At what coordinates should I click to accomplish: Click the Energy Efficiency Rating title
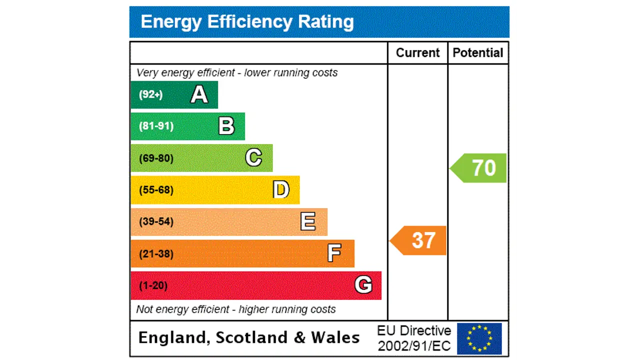tap(247, 22)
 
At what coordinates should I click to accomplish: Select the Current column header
tap(417, 53)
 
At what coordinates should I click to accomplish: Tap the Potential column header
tap(478, 53)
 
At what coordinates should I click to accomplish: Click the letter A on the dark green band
tap(199, 94)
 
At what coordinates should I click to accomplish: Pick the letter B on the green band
tap(226, 126)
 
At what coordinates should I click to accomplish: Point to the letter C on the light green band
tap(253, 158)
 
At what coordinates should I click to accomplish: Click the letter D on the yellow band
tap(281, 190)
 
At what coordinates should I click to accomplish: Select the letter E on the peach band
tap(308, 221)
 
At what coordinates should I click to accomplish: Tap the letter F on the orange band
tap(334, 253)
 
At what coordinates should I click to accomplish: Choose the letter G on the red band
tap(363, 285)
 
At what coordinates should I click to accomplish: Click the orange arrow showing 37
tap(418, 240)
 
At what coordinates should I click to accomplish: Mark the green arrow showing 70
tap(479, 168)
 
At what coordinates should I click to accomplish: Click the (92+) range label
tap(150, 94)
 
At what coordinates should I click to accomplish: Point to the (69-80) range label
tap(156, 158)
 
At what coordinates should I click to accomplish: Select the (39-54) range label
tap(156, 221)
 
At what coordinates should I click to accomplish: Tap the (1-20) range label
tap(153, 285)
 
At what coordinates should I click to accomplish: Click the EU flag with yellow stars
tap(479, 338)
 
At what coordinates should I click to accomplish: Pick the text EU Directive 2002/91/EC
tap(414, 338)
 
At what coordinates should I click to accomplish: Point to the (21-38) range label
tap(156, 254)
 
